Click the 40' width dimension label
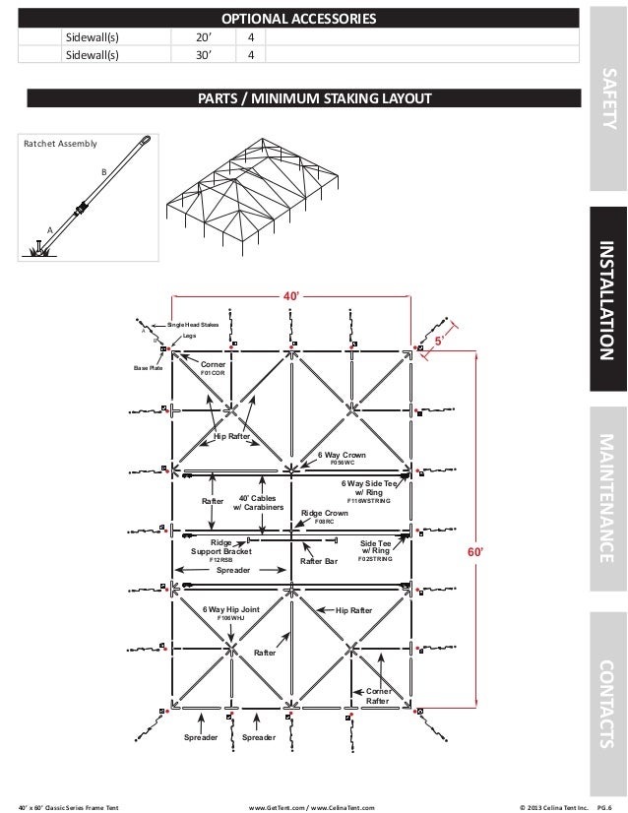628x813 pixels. pyautogui.click(x=291, y=295)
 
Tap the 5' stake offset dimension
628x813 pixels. pyautogui.click(x=442, y=341)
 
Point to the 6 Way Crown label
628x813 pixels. pyautogui.click(x=342, y=456)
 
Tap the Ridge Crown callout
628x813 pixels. pyautogui.click(x=325, y=513)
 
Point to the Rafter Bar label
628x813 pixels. pyautogui.click(x=318, y=562)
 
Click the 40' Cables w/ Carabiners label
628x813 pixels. pyautogui.click(x=258, y=503)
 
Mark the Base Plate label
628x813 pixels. pyautogui.click(x=147, y=368)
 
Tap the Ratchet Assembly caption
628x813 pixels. pyautogui.click(x=60, y=144)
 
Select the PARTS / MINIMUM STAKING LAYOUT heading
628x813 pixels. pyautogui.click(x=313, y=98)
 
